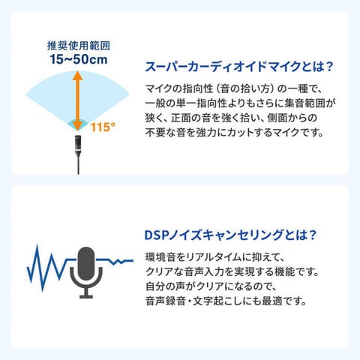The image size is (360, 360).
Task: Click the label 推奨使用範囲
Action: click(79, 46)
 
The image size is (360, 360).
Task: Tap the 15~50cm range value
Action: click(79, 59)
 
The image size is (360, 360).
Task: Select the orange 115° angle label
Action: click(103, 127)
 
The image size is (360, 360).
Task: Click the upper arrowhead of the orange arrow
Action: click(78, 76)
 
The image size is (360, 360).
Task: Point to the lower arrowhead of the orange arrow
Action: click(78, 126)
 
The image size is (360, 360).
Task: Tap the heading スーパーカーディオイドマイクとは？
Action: click(239, 67)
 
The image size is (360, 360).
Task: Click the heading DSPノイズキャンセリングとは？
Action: click(230, 235)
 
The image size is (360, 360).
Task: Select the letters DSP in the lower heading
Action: click(156, 235)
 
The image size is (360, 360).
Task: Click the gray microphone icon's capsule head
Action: click(86, 263)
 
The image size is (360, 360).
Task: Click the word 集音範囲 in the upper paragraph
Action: click(304, 103)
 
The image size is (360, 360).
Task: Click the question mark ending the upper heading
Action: click(330, 67)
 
